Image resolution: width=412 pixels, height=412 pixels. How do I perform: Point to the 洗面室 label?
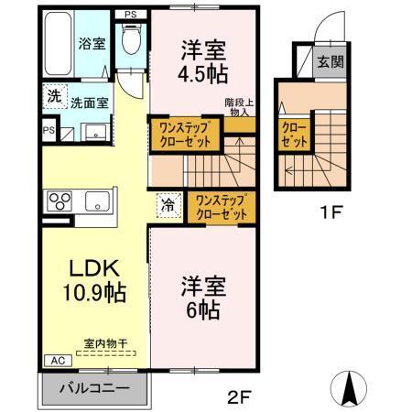[x=91, y=103]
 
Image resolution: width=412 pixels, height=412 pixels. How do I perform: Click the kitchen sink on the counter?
[x=95, y=201]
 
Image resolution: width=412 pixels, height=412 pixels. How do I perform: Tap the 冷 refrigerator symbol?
[x=168, y=207]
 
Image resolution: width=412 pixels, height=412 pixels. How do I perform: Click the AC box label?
[x=53, y=361]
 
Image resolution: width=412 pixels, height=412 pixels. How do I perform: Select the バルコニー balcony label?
[x=93, y=385]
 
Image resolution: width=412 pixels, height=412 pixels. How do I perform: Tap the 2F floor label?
[x=238, y=396]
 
